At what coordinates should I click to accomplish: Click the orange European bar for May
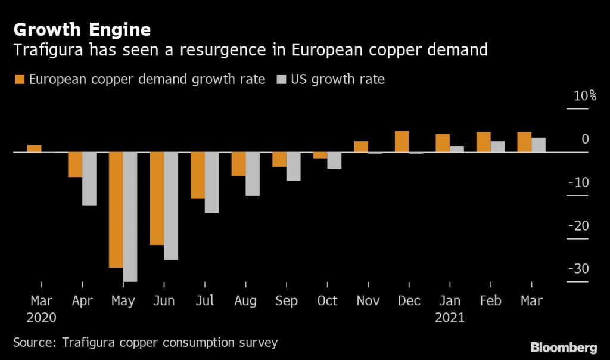[116, 210]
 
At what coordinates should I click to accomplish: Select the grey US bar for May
[130, 217]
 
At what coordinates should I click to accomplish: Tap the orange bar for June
[157, 198]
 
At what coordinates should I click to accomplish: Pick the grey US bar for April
[89, 179]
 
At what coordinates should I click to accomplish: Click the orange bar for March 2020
[35, 148]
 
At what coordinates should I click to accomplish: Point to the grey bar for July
[212, 182]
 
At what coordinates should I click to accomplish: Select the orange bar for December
[402, 142]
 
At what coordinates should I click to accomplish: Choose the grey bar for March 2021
[539, 145]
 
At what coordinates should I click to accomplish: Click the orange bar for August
[238, 165]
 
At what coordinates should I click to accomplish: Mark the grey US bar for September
[294, 166]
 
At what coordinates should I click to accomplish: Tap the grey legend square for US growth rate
[280, 79]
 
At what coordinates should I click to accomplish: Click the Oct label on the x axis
[327, 301]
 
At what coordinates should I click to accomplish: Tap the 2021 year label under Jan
[450, 318]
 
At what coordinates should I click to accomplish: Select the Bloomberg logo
[564, 347]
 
